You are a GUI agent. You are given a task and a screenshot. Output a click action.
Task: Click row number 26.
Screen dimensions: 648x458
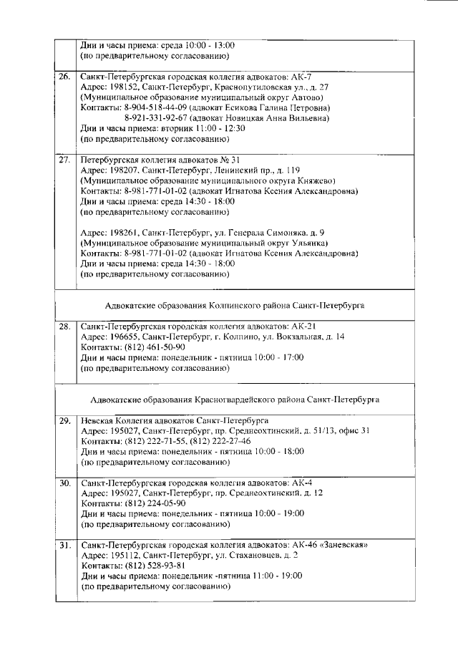pyautogui.click(x=64, y=76)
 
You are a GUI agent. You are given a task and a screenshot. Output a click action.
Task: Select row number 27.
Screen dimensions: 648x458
pyautogui.click(x=64, y=160)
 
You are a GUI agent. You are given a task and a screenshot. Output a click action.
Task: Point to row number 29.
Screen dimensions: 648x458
pyautogui.click(x=64, y=420)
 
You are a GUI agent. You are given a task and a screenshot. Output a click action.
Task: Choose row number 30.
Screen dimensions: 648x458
pyautogui.click(x=64, y=483)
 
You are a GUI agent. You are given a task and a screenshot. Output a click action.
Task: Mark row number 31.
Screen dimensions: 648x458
pyautogui.click(x=64, y=545)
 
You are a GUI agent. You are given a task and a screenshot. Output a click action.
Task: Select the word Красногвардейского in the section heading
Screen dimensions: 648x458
pyautogui.click(x=248, y=399)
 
